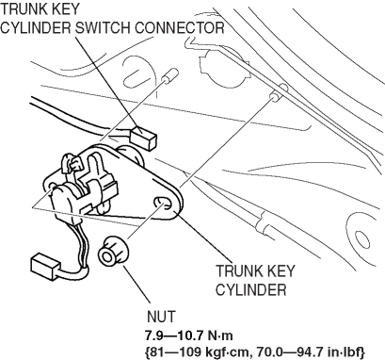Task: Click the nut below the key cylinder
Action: (113, 251)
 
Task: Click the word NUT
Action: (161, 317)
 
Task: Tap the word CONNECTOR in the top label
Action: (180, 28)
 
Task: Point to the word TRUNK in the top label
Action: (23, 8)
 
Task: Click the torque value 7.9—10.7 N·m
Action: (189, 335)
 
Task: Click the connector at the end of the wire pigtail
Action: (44, 264)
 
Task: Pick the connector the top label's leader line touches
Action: (143, 139)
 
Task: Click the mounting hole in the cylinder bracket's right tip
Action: (163, 203)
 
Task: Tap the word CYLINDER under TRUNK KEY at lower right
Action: (250, 289)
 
